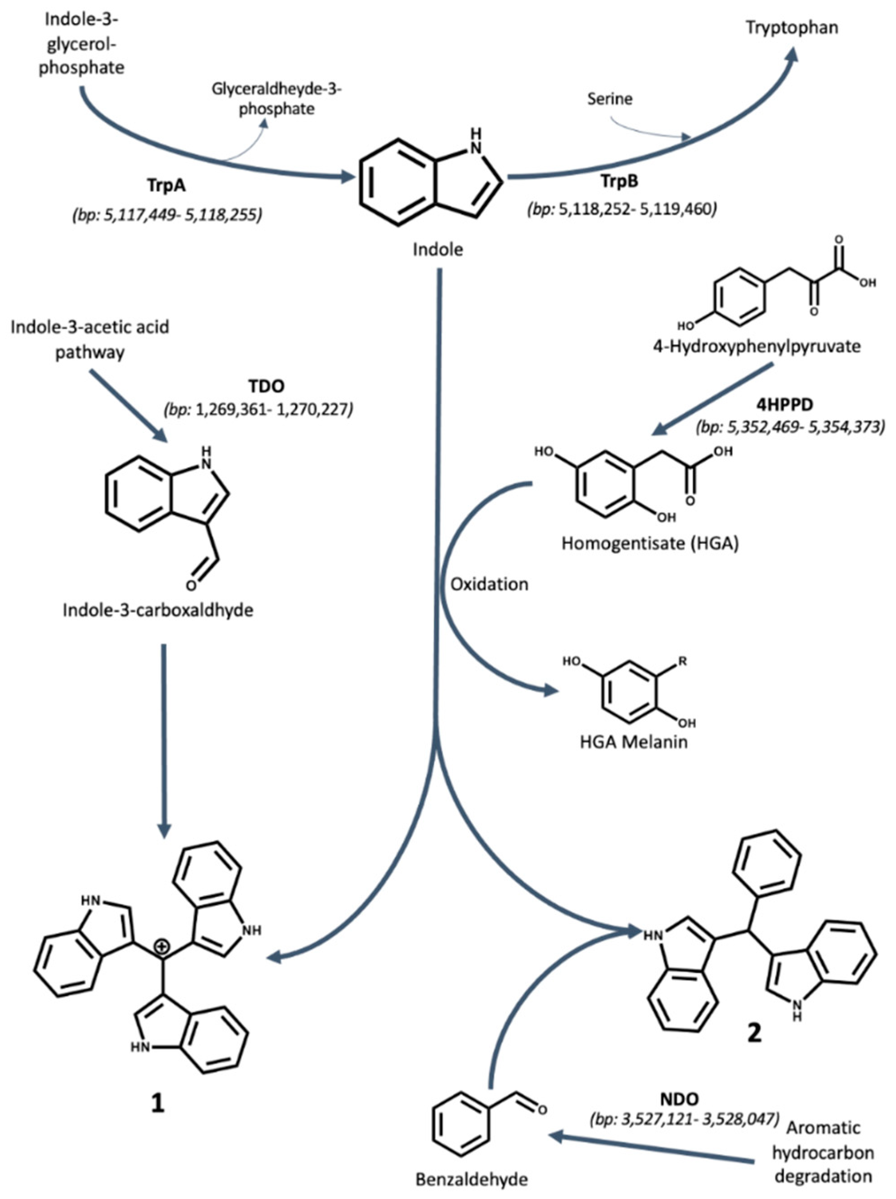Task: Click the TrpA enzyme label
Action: coord(166,185)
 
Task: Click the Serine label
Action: coord(610,99)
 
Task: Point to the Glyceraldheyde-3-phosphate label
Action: coord(277,99)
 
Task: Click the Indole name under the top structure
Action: coord(438,250)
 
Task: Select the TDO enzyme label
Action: coord(266,386)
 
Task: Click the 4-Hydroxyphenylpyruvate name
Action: coord(756,346)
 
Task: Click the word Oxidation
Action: coord(489,584)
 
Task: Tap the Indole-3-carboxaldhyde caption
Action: coord(158,611)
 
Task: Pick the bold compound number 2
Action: coord(754,1033)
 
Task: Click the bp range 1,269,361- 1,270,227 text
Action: coord(258,410)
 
